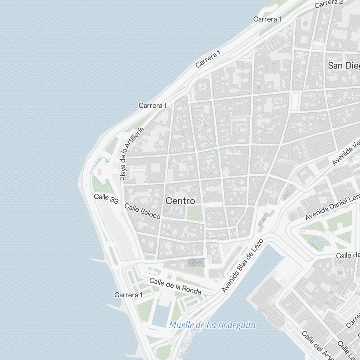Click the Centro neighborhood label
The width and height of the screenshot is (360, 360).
point(180,201)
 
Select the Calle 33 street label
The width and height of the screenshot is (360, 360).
point(106,199)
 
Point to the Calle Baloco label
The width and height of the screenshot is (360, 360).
point(142,211)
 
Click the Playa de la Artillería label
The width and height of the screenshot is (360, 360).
point(132,154)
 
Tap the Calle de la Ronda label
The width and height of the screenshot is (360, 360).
point(175,286)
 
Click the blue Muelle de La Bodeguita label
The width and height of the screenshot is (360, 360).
point(212,325)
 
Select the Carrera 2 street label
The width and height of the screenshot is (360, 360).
point(329,4)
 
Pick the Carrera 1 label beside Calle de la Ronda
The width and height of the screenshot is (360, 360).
point(129,295)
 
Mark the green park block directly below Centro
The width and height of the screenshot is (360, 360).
point(195,213)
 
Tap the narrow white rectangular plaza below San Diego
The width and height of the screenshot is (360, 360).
point(295,101)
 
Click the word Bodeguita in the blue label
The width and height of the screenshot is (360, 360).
point(237,325)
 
